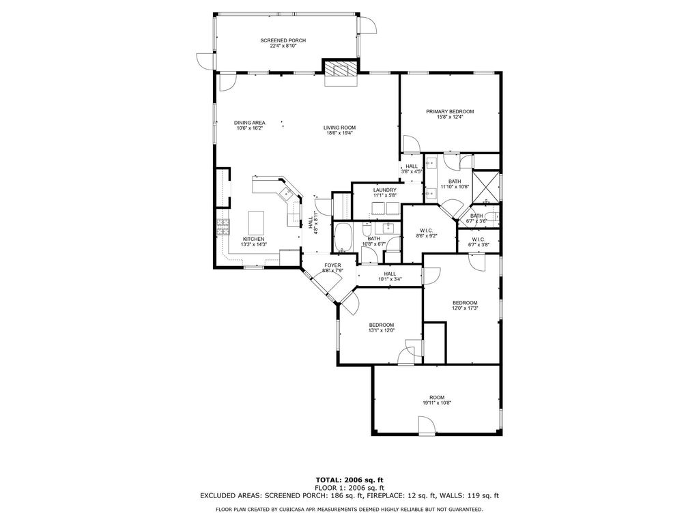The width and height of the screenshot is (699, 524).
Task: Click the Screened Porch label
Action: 283,40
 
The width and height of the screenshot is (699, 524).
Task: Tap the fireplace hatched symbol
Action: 341,69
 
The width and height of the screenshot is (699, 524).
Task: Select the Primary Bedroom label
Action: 450,111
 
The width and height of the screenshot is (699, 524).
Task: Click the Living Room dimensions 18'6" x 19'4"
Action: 339,133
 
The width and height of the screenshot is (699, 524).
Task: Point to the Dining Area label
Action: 250,123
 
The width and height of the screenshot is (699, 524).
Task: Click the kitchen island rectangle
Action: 256,222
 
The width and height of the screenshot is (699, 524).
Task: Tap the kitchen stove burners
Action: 223,227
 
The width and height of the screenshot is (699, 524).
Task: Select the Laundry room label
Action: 385,190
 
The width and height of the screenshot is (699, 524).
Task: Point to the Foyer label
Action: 332,265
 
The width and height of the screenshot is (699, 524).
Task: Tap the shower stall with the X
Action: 485,186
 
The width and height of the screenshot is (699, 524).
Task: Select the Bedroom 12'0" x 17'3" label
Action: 464,302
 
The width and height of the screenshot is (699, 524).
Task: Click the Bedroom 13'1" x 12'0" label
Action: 381,325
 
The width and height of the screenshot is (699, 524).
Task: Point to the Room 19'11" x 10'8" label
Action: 437,398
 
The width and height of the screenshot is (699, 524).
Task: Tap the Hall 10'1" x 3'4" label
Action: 390,274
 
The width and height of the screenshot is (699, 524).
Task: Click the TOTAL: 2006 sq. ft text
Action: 349,480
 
